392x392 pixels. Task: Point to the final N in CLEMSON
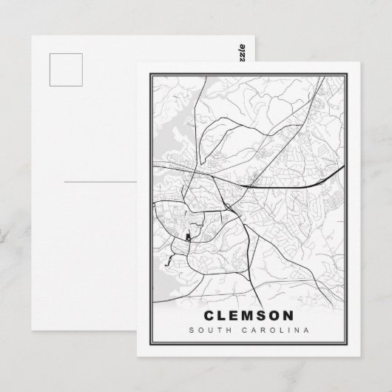coord(300,315)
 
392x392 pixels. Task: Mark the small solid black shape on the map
coord(188,237)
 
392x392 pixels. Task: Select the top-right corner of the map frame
coord(350,68)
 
